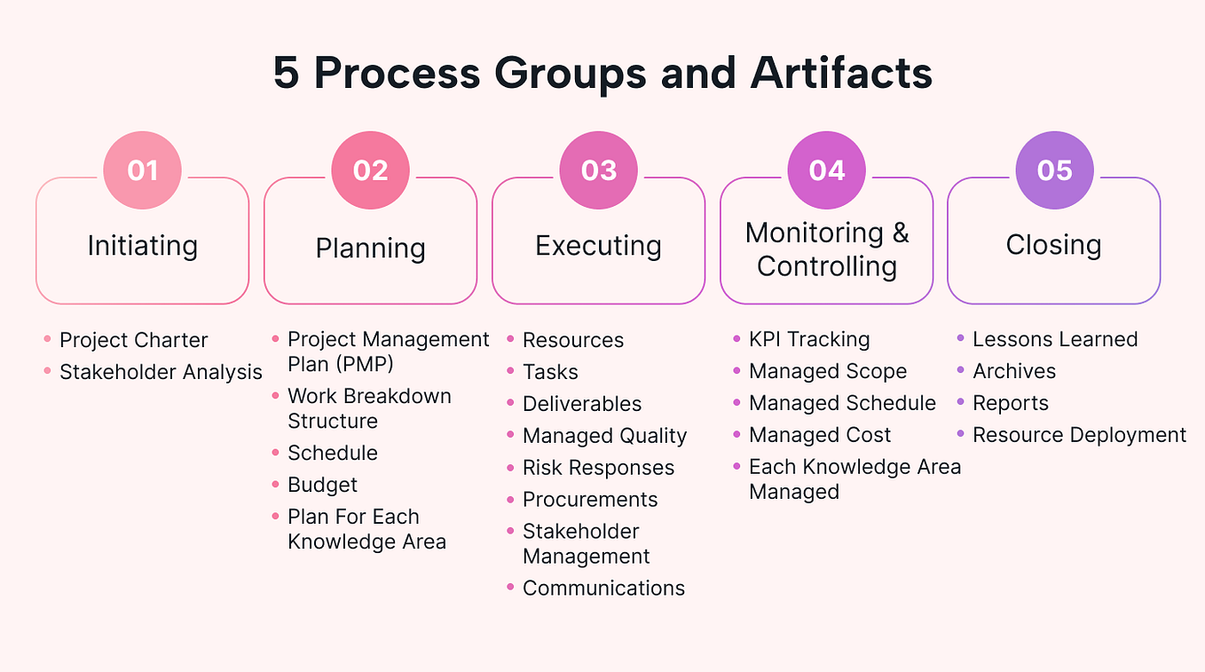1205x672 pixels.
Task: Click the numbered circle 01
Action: (142, 170)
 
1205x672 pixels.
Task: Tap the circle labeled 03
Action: (598, 170)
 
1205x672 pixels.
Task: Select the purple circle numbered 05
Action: (1054, 170)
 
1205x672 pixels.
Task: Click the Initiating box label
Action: (142, 245)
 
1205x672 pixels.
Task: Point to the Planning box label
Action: (370, 248)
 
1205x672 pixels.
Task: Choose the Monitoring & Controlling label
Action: (826, 249)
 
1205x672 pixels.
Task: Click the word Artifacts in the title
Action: (841, 73)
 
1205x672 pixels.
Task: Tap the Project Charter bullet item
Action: (133, 340)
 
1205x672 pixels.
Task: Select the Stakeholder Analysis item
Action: (161, 372)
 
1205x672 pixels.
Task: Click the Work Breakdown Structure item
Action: (369, 408)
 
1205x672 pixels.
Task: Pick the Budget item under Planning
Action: (322, 485)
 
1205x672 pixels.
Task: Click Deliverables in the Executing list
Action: (582, 404)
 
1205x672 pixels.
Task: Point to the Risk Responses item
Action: (598, 468)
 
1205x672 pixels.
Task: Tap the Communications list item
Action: (603, 588)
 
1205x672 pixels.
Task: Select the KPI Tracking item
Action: (809, 339)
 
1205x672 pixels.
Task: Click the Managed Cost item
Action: (820, 435)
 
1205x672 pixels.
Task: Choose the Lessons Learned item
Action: (1055, 339)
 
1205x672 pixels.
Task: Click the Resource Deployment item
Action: (1079, 435)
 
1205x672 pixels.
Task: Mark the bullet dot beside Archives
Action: (961, 370)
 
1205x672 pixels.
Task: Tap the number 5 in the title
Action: (286, 73)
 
